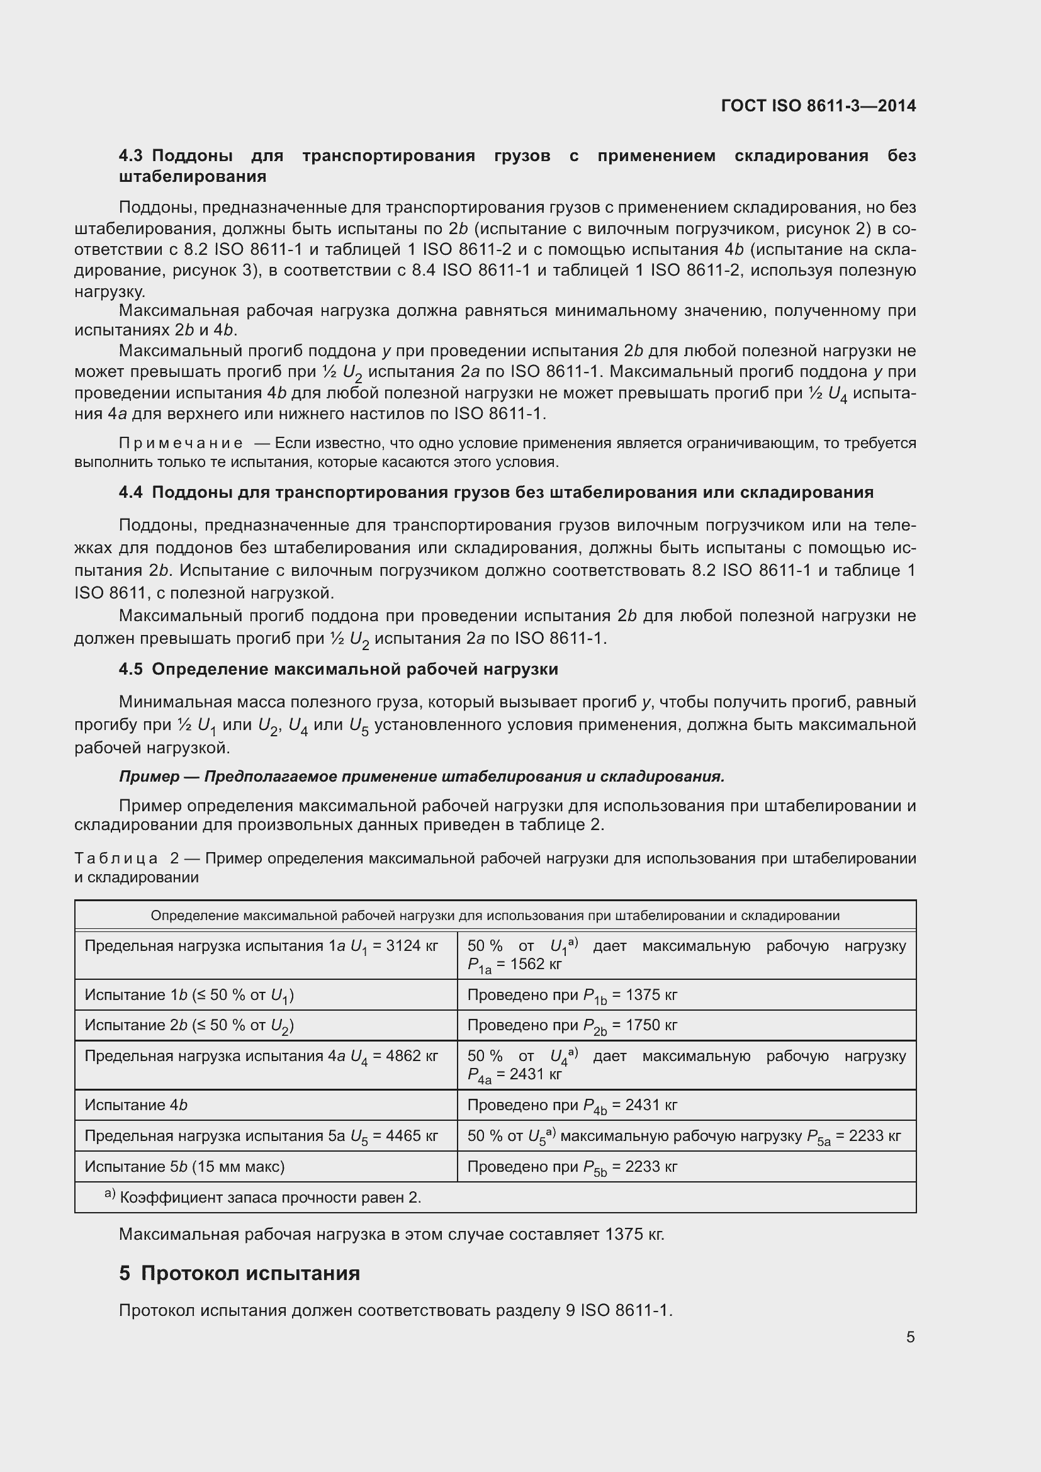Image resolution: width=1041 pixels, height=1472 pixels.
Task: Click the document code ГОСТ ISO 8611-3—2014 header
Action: pyautogui.click(x=818, y=106)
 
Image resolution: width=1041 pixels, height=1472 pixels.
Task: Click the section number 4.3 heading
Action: pyautogui.click(x=133, y=156)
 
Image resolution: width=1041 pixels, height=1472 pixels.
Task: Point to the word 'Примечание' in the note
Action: pyautogui.click(x=181, y=443)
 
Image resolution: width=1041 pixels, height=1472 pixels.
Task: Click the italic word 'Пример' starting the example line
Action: pyautogui.click(x=149, y=777)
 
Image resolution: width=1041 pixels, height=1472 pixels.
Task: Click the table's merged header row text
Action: pyautogui.click(x=495, y=916)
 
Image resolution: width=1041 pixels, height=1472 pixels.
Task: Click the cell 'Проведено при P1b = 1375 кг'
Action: pyautogui.click(x=571, y=995)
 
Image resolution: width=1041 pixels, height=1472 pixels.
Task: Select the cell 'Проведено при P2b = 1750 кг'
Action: pyautogui.click(x=571, y=1025)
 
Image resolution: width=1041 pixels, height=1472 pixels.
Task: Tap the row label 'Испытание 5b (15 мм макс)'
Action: pyautogui.click(x=184, y=1166)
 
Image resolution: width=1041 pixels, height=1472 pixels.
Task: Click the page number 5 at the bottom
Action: pyautogui.click(x=910, y=1337)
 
